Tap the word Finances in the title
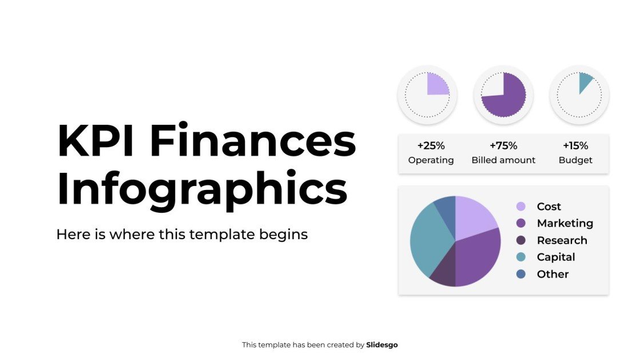(x=253, y=141)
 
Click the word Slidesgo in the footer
(x=381, y=345)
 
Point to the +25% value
(x=431, y=145)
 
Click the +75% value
(x=503, y=145)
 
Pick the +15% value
(x=575, y=145)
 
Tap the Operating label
(x=431, y=160)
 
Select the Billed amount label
(x=503, y=160)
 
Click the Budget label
(x=575, y=160)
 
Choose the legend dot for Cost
(x=521, y=207)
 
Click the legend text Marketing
(x=565, y=223)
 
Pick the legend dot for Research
(x=521, y=240)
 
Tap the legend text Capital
(x=555, y=257)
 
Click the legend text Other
(x=552, y=274)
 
